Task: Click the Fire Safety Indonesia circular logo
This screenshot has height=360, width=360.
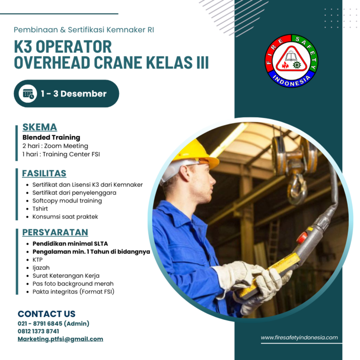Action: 291,61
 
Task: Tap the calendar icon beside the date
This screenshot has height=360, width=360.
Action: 28,94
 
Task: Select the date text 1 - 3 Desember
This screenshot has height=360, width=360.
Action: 74,94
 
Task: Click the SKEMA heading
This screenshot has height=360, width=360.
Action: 40,127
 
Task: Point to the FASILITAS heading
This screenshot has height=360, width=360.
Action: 44,173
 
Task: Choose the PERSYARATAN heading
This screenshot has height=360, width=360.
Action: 55,232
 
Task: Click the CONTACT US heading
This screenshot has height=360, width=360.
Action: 46,314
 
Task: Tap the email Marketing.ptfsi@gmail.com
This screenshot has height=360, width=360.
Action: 60,339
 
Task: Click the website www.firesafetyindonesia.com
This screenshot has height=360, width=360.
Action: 299,337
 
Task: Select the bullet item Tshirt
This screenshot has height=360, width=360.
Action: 40,209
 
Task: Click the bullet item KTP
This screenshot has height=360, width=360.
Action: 37,260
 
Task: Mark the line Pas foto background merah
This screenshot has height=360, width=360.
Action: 73,284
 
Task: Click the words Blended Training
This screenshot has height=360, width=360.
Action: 51,137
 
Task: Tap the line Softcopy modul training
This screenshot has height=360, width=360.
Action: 67,201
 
